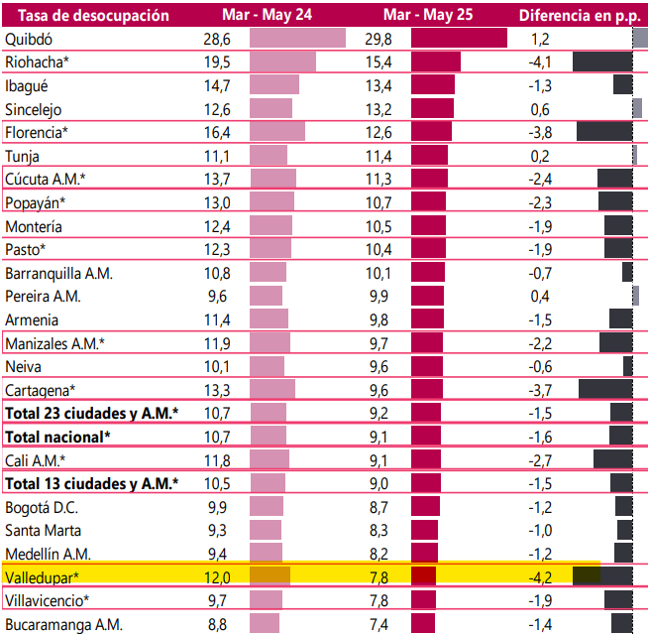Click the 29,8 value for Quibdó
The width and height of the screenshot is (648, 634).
379,39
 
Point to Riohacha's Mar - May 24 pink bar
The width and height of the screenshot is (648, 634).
282,62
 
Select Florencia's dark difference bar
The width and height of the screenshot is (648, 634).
604,131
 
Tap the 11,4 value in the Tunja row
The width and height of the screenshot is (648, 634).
379,155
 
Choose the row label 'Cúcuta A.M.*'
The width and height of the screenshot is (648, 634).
46,179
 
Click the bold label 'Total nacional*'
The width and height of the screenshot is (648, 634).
58,436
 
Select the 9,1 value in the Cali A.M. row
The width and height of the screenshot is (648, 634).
379,459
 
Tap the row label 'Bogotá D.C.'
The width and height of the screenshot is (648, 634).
43,507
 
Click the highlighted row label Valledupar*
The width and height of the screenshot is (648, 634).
43,576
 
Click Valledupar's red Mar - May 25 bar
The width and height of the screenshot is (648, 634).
424,576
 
